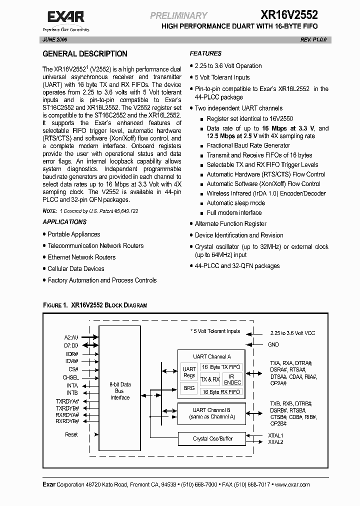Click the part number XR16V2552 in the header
(x=289, y=15)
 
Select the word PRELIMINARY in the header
(x=178, y=16)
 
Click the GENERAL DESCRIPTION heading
(x=84, y=54)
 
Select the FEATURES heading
(x=205, y=53)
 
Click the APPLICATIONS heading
(x=64, y=222)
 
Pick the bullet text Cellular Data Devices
(x=76, y=269)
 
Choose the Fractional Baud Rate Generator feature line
(x=248, y=146)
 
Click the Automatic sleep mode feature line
(x=235, y=203)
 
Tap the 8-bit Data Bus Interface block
(x=120, y=391)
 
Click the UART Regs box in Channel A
(x=189, y=372)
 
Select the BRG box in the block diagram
(x=189, y=388)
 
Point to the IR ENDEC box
(x=232, y=379)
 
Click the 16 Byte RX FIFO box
(x=220, y=392)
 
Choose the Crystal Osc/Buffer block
(x=212, y=438)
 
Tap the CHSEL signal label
(x=70, y=377)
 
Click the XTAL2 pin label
(x=275, y=442)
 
